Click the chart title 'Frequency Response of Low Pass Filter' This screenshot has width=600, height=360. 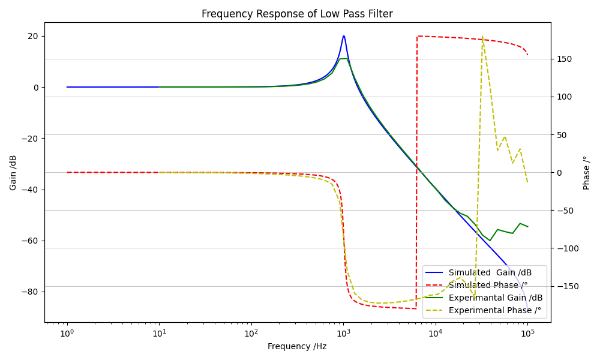(x=297, y=14)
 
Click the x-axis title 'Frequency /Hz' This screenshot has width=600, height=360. (x=297, y=346)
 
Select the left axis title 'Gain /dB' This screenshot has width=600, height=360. (x=13, y=173)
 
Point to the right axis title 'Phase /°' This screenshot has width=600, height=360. (x=587, y=173)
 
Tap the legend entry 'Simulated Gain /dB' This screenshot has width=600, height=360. (x=490, y=272)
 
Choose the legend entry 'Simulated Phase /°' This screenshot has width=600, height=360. (x=488, y=285)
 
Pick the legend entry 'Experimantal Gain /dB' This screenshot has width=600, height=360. (x=495, y=298)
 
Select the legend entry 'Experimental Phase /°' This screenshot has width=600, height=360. (x=494, y=310)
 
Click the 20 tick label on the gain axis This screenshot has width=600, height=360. (x=32, y=36)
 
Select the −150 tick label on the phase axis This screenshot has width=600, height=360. (x=565, y=286)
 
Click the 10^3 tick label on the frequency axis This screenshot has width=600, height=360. (x=343, y=332)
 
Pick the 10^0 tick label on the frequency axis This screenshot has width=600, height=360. (x=67, y=332)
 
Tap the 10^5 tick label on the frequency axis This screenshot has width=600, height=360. (x=527, y=332)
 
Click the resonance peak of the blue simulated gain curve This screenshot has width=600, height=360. (x=344, y=36)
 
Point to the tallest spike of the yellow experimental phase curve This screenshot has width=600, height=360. (x=482, y=37)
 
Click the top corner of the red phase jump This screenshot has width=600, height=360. (x=417, y=36)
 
